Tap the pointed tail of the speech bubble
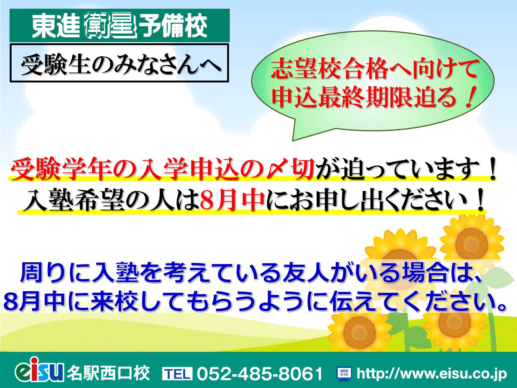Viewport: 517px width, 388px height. tap(293, 141)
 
